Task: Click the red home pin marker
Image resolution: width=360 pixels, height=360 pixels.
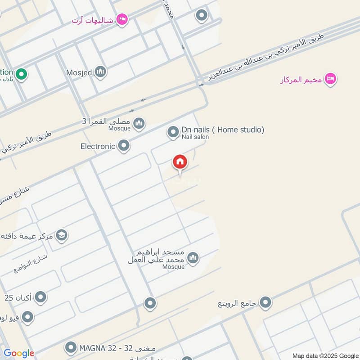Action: coord(180,162)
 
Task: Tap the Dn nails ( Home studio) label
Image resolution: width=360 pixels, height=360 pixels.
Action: coord(223,130)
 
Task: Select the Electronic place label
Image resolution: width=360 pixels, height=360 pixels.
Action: coord(98,146)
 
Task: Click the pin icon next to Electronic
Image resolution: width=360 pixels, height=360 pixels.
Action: coord(123,145)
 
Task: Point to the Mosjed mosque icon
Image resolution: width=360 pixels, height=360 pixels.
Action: coord(100,72)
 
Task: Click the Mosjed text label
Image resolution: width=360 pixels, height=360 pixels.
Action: coord(78,72)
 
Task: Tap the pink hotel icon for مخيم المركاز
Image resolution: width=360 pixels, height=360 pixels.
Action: coord(331,79)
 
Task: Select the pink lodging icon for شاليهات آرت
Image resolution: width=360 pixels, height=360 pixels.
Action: coord(121,19)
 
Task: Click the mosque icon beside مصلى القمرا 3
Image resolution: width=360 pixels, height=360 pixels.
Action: coord(139,122)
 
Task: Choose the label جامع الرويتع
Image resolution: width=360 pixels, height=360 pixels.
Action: coord(237,304)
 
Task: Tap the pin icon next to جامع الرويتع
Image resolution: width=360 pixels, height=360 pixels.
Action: coord(265,302)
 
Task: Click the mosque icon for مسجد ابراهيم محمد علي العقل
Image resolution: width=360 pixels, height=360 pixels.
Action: coord(193,258)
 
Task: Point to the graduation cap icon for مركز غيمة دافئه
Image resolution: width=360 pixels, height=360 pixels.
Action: coord(62,235)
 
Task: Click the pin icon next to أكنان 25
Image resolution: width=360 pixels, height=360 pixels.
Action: coord(40,297)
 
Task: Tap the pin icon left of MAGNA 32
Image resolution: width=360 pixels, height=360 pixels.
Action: coord(70,347)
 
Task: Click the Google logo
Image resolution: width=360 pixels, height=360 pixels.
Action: coord(19,353)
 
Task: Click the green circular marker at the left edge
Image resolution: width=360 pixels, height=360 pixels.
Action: coord(20,73)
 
